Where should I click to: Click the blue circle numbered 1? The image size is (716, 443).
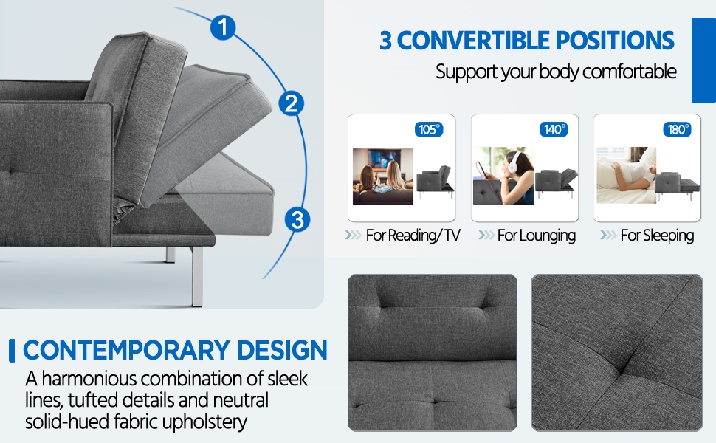[223, 27]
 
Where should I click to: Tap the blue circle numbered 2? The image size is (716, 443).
[292, 103]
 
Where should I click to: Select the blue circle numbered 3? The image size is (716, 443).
[297, 220]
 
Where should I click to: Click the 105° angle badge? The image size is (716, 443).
[429, 129]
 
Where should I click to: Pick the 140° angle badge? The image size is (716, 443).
[554, 129]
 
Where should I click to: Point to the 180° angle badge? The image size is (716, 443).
[677, 129]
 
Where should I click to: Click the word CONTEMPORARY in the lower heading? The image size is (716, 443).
[126, 350]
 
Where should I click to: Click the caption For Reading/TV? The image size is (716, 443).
[413, 236]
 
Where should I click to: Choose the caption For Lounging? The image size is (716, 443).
[537, 236]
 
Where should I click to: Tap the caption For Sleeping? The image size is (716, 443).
[657, 236]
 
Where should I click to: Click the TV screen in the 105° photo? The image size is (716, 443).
[385, 159]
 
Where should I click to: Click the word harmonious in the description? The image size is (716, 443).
[89, 379]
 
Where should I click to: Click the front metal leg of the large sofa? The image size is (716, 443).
[197, 276]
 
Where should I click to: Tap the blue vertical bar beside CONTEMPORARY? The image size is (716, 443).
[12, 351]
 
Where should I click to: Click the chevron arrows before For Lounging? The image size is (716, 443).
[486, 236]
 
